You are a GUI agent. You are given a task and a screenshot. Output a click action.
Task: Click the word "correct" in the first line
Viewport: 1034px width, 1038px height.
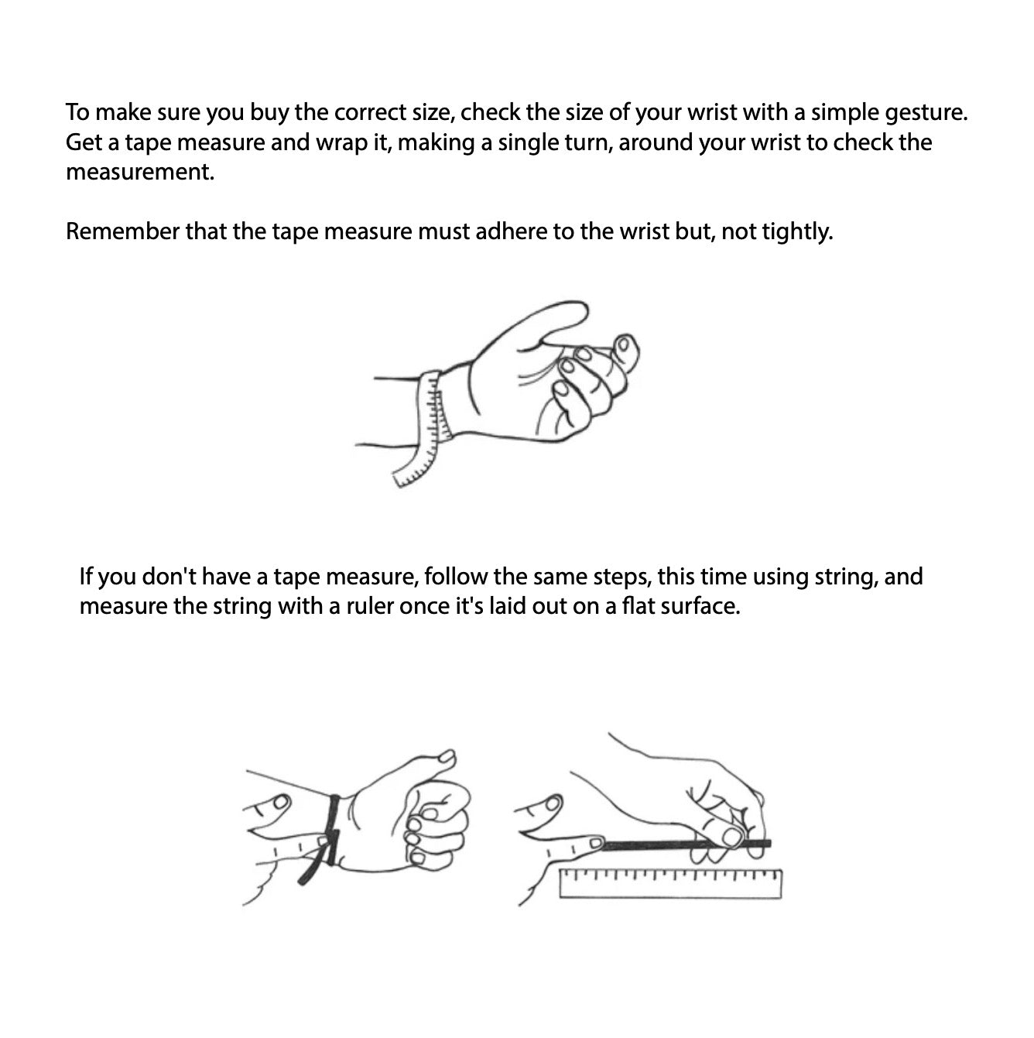[x=370, y=112]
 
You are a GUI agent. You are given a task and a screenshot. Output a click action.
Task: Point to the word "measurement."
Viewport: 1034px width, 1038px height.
[x=140, y=173]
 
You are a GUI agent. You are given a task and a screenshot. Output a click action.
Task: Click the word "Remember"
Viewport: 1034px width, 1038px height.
[x=122, y=231]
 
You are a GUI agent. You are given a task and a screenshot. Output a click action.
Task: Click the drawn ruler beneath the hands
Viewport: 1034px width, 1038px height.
[x=670, y=884]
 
